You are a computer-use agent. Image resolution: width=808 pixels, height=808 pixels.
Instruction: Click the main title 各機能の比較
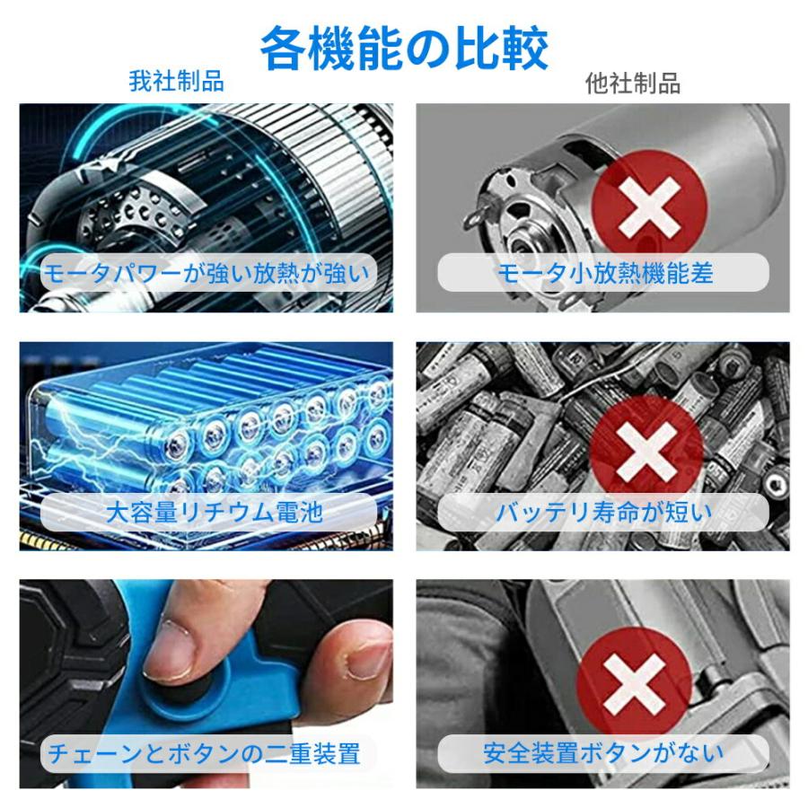pyautogui.click(x=404, y=48)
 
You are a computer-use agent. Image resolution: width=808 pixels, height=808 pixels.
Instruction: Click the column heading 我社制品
pyautogui.click(x=176, y=81)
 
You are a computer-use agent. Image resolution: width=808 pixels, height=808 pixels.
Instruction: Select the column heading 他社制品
pyautogui.click(x=633, y=83)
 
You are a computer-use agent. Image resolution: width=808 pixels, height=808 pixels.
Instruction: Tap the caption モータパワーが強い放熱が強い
pyautogui.click(x=206, y=273)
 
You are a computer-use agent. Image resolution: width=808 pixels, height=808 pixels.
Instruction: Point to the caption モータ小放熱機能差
pyautogui.click(x=605, y=273)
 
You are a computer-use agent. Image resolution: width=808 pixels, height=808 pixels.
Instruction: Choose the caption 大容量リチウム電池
pyautogui.click(x=215, y=513)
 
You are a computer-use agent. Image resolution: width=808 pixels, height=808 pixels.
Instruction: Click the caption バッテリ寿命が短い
pyautogui.click(x=604, y=513)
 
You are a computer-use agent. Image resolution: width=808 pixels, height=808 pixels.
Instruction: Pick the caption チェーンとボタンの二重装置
pyautogui.click(x=204, y=753)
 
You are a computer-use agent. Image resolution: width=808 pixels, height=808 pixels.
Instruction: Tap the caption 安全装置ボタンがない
pyautogui.click(x=603, y=753)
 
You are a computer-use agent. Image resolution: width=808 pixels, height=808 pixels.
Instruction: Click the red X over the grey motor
pyautogui.click(x=649, y=207)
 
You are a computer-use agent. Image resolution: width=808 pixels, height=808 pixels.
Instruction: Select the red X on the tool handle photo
pyautogui.click(x=634, y=684)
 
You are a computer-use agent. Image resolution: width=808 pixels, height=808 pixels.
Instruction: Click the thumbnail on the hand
pyautogui.click(x=170, y=649)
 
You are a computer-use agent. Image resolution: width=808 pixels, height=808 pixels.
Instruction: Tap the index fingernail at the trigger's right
pyautogui.click(x=367, y=659)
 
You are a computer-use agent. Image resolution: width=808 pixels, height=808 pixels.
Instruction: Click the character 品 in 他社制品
pyautogui.click(x=669, y=83)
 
